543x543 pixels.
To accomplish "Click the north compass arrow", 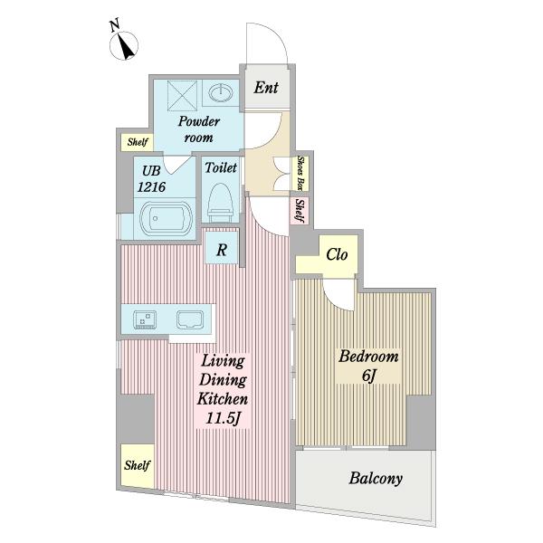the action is coord(126,46).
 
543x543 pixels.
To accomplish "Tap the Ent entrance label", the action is coord(265,88).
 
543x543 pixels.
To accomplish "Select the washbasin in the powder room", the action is coord(221,92).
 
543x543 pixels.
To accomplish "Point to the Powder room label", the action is coord(199,129).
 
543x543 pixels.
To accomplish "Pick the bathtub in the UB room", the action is coord(166,218).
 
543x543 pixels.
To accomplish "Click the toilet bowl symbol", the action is coord(220,203).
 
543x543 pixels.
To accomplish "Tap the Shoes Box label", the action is coord(300,173).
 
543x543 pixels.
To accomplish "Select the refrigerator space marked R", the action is coord(222,249).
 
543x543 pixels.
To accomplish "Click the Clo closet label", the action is coord(337,255).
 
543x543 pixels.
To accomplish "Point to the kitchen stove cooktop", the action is coord(145,319).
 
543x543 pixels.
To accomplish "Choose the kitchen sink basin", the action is coord(190,319).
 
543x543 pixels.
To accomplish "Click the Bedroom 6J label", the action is coord(368,366).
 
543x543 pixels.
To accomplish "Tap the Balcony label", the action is coord(376,479).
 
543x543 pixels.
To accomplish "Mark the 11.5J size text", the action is coord(223,419).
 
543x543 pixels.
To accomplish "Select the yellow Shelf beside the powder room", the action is coord(138,142).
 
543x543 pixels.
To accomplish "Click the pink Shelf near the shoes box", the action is coord(300,211).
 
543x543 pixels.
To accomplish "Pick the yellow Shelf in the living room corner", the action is coord(138,465).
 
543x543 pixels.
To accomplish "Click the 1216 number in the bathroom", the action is coord(151,187).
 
